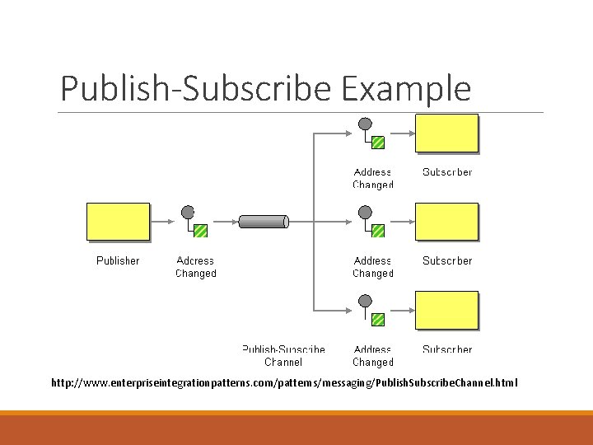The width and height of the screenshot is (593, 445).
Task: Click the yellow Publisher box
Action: pos(118,221)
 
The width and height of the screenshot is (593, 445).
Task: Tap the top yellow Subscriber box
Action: pos(446,133)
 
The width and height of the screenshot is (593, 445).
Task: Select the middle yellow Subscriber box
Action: pos(446,221)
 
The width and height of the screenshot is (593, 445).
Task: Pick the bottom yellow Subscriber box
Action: pos(446,310)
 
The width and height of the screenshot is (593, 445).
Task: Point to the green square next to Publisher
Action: pos(200,231)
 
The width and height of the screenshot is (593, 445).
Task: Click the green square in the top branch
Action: pos(377,142)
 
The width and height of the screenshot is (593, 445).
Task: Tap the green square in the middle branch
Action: pos(377,231)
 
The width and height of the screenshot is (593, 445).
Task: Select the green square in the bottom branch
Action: pos(377,319)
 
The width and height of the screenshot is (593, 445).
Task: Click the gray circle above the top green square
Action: pos(365,124)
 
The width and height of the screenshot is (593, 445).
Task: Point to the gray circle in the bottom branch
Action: pos(365,302)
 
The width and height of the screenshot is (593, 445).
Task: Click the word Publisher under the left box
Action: pos(118,260)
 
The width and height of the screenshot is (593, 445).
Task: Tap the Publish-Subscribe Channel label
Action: pos(283,355)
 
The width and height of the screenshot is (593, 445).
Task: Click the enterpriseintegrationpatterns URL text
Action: pos(284,383)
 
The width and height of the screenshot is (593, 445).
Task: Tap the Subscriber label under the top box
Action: pos(447,172)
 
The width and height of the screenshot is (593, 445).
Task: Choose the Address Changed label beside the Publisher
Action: pos(195,267)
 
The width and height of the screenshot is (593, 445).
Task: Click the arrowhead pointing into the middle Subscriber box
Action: pos(411,221)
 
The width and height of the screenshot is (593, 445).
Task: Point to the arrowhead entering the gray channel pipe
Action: pos(234,221)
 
